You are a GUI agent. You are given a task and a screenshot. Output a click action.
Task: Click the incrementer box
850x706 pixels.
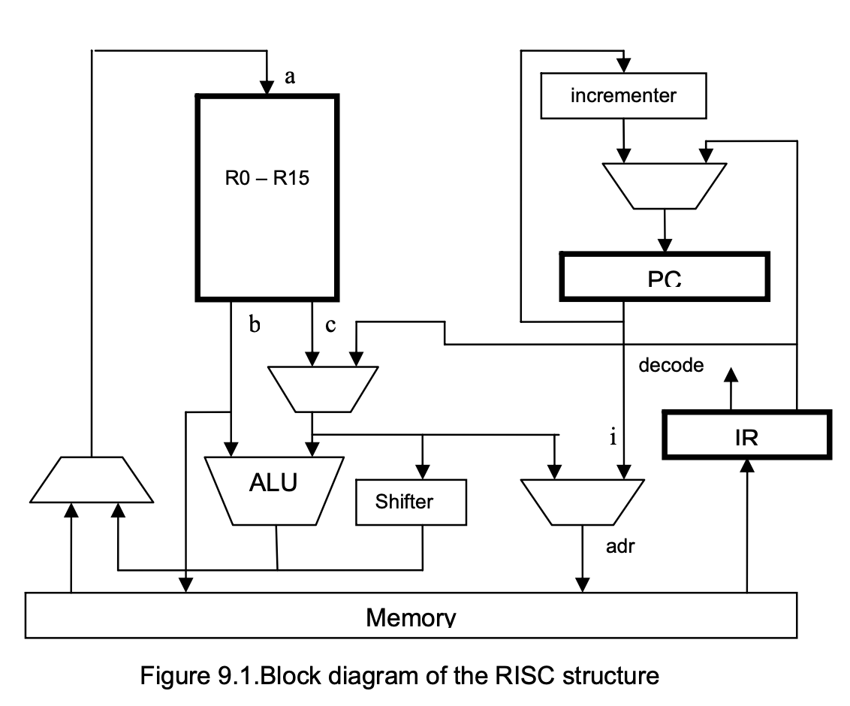(x=623, y=95)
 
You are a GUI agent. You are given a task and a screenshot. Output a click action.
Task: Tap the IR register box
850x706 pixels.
(x=746, y=435)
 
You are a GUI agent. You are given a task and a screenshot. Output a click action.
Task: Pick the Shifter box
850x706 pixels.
(x=410, y=502)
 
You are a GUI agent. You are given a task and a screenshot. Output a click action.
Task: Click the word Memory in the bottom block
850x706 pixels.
(x=411, y=617)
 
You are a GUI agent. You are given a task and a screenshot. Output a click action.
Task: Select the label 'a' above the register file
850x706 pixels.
(x=290, y=75)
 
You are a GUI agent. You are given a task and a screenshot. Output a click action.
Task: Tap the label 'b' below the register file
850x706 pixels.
(x=254, y=324)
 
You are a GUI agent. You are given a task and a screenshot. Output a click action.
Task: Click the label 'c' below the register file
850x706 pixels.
(x=330, y=324)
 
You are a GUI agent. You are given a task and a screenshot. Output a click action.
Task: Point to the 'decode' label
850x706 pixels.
(x=671, y=366)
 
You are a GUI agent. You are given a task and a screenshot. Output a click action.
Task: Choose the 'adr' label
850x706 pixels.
(x=620, y=546)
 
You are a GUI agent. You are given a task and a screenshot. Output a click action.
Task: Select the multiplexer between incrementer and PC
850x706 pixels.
(x=665, y=185)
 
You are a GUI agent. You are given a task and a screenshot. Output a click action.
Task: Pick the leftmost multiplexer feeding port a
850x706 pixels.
(x=92, y=478)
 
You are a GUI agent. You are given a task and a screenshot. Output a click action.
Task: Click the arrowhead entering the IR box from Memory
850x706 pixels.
(x=746, y=465)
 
